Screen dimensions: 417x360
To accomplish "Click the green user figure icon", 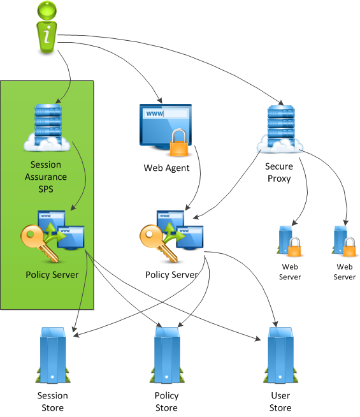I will [x=47, y=25].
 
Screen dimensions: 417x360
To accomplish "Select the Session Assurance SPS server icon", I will [x=46, y=128].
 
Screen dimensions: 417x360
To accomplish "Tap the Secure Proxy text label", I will [x=278, y=172].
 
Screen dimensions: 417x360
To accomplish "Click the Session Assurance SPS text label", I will [x=46, y=177].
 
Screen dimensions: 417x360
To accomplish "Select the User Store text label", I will [x=280, y=401].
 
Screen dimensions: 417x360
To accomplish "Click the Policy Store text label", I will [x=166, y=401].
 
